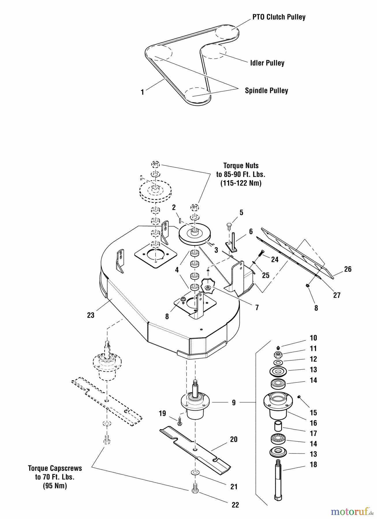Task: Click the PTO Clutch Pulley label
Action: point(279,17)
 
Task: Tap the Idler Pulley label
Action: point(267,63)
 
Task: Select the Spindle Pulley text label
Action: point(266,91)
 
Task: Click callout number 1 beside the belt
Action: point(142,93)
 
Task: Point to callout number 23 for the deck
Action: point(91,315)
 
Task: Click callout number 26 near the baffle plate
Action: point(348,269)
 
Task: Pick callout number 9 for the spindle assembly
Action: point(234,403)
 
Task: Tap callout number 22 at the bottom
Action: point(235,505)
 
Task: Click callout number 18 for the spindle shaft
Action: point(313,465)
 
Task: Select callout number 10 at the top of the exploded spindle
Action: point(313,338)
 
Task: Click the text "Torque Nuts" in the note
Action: point(241,166)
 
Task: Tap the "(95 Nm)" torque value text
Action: point(55,486)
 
